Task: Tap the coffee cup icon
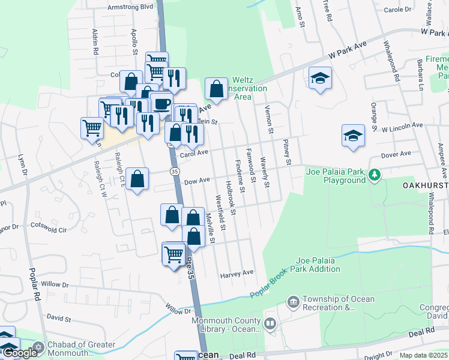coord(161,103)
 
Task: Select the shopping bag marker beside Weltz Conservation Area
coord(216,89)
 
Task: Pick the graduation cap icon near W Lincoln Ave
coord(353,136)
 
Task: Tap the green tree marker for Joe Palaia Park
coord(375,175)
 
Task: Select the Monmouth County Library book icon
coord(270,325)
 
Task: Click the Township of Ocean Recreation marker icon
coord(294,301)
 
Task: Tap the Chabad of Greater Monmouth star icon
coord(40,346)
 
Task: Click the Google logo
coord(19,353)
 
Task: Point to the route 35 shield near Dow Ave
coord(174,172)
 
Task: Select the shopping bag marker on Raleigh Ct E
coord(137,179)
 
